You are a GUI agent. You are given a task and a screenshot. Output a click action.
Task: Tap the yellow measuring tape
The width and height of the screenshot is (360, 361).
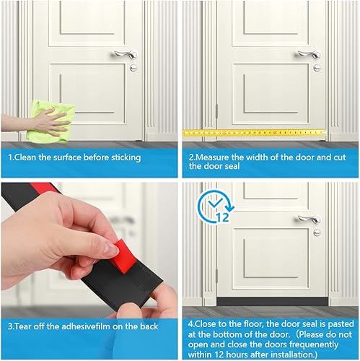tap(253, 133)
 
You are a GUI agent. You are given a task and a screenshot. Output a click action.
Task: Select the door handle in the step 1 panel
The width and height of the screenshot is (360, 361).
tap(123, 54)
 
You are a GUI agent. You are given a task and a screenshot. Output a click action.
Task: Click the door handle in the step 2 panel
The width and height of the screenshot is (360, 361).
tap(308, 54)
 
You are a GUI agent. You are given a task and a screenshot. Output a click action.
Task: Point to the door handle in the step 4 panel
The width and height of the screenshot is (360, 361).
tap(308, 219)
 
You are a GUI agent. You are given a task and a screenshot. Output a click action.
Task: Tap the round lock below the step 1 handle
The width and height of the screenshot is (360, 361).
tap(133, 68)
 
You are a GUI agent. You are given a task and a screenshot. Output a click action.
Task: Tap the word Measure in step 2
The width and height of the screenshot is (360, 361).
tap(216, 157)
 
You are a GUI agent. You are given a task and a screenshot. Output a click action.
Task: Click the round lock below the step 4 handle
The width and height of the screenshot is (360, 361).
tap(317, 232)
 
